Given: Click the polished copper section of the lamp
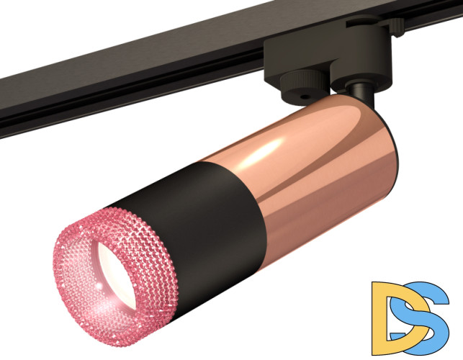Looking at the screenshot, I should click(x=317, y=166).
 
